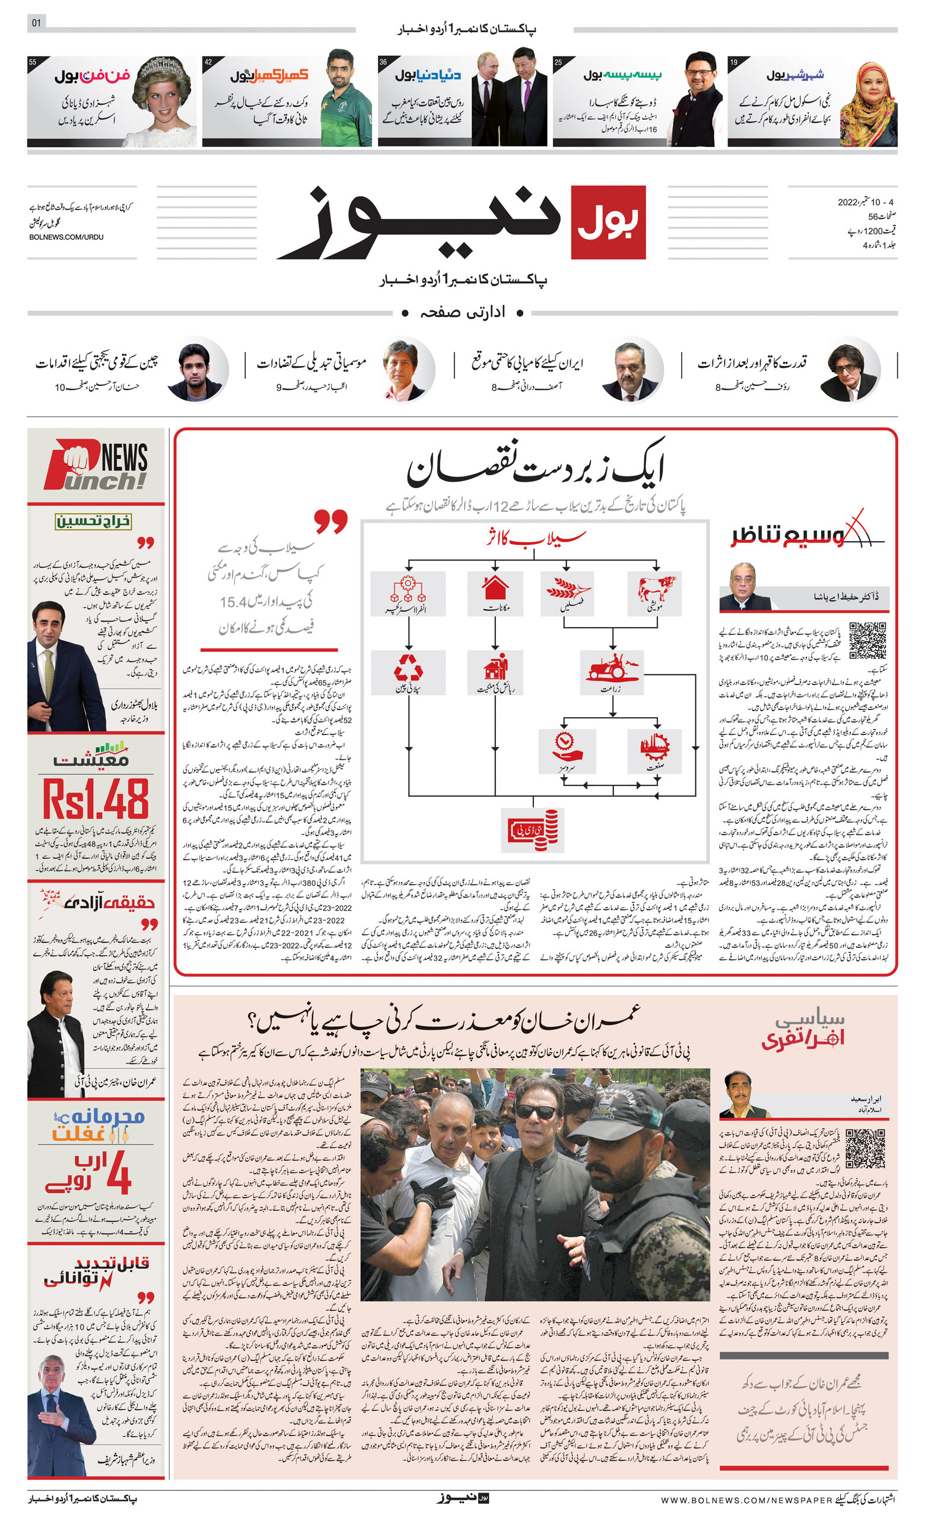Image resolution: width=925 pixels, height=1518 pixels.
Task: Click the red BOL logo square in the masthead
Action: point(608,222)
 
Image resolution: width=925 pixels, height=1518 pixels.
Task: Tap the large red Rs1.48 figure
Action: point(96,799)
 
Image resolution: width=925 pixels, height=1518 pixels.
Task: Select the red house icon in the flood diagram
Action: point(495,587)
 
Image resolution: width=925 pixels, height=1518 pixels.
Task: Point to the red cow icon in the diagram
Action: point(656,588)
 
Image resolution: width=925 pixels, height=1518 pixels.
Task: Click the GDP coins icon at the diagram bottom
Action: point(533,830)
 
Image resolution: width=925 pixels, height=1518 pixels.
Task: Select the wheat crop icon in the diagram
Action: point(565,588)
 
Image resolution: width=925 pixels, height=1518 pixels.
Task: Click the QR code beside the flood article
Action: point(867,641)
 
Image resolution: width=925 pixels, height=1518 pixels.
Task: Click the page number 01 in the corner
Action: point(36,23)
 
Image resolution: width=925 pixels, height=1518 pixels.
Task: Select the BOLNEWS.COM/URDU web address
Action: point(66,237)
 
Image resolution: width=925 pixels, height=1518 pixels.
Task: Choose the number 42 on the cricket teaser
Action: point(208,62)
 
